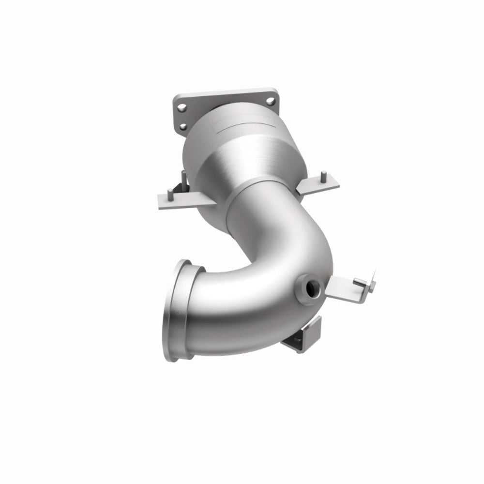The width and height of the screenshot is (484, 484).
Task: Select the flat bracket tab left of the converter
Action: pyautogui.click(x=177, y=198)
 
